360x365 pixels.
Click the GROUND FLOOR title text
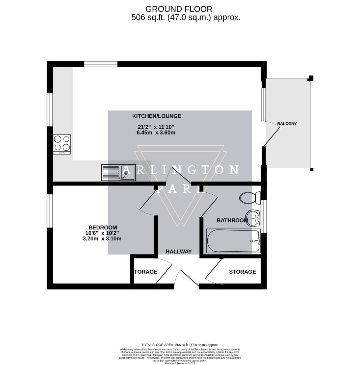pos(179,9)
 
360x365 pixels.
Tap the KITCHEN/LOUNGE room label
pos(156,116)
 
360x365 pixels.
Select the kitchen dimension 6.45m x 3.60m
pos(156,132)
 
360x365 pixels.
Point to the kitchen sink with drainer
pos(118,172)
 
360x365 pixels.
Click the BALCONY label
pos(287,124)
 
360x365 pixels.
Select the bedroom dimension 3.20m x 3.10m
pos(102,239)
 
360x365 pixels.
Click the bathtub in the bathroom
pos(233,241)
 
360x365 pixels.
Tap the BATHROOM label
pos(232,220)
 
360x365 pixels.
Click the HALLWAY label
pos(178,251)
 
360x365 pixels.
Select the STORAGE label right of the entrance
pos(242,272)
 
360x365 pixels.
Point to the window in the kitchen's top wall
pos(101,64)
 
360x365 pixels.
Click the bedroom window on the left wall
pos(50,211)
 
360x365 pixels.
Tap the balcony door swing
pos(272,133)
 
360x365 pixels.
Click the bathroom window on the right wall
pos(264,216)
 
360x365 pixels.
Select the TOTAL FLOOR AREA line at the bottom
pos(180,345)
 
